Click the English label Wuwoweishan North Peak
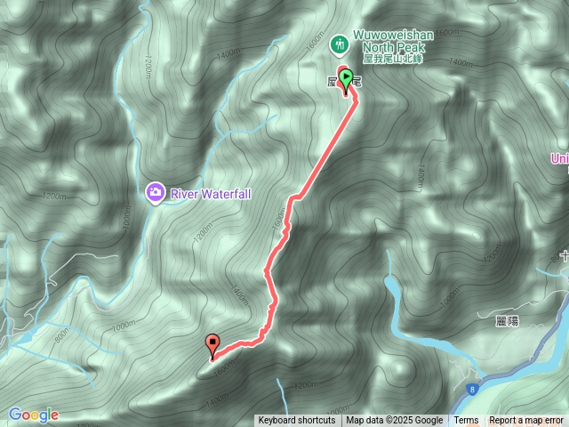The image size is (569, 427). [x=393, y=40]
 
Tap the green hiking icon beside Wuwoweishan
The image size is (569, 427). [x=338, y=43]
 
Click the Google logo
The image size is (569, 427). [x=34, y=415]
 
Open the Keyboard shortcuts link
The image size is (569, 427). [x=297, y=421]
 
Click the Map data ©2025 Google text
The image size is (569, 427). [x=394, y=421]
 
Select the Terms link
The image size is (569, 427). [x=466, y=421]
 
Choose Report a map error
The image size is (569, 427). [x=525, y=421]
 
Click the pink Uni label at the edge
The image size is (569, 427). [x=559, y=158]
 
